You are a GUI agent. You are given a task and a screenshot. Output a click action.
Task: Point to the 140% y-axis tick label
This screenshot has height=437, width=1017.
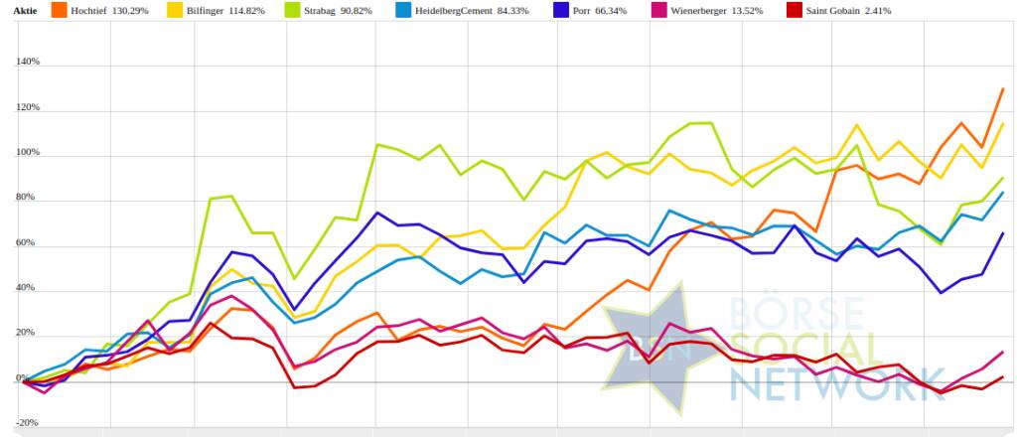(x=27, y=62)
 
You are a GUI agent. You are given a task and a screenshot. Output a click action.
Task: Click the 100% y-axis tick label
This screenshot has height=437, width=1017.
(x=27, y=153)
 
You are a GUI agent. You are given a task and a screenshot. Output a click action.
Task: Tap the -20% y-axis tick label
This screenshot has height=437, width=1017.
(x=27, y=423)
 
